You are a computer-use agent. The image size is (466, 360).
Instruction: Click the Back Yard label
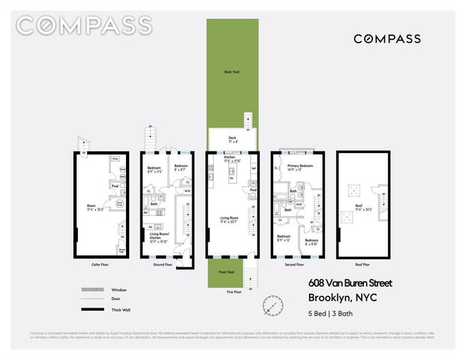tap(231, 72)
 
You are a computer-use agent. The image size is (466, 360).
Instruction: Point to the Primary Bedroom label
tap(299, 166)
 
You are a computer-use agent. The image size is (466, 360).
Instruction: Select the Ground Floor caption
tap(163, 265)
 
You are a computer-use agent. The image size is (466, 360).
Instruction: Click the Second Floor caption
tap(294, 265)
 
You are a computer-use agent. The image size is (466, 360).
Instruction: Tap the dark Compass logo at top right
tap(386, 39)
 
